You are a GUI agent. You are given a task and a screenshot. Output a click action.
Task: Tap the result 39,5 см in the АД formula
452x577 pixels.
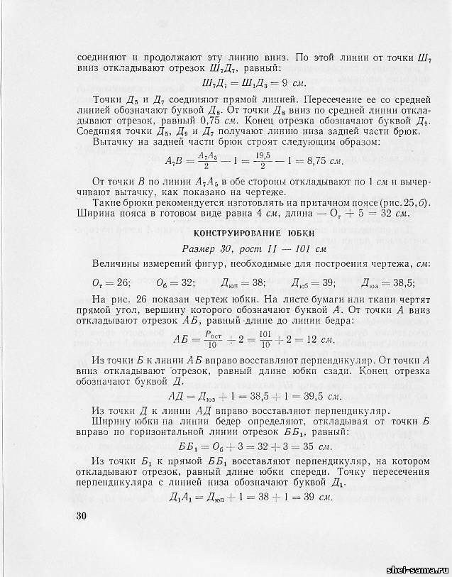tap(320, 395)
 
